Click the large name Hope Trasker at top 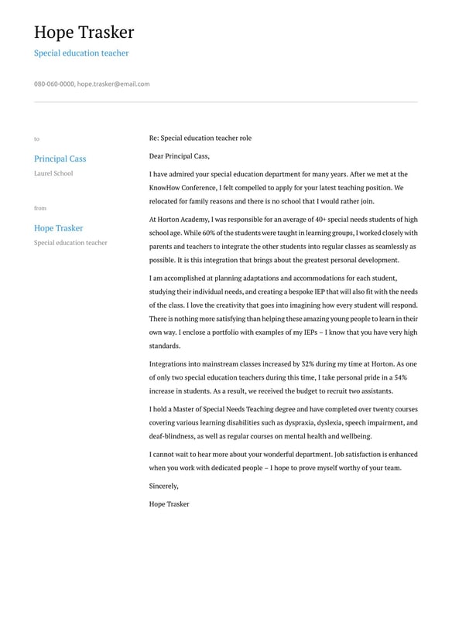pyautogui.click(x=84, y=32)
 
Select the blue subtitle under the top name pyautogui.click(x=81, y=53)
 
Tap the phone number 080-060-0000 pyautogui.click(x=54, y=84)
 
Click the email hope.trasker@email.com pyautogui.click(x=113, y=84)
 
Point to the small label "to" pyautogui.click(x=36, y=139)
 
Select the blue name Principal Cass pyautogui.click(x=60, y=159)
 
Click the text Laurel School pyautogui.click(x=53, y=173)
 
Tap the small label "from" pyautogui.click(x=40, y=208)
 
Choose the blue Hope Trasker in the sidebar pyautogui.click(x=58, y=228)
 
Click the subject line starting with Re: pyautogui.click(x=200, y=138)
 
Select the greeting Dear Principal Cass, pyautogui.click(x=179, y=156)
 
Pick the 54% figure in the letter pyautogui.click(x=400, y=377)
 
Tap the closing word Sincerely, pyautogui.click(x=163, y=486)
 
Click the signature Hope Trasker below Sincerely pyautogui.click(x=169, y=504)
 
